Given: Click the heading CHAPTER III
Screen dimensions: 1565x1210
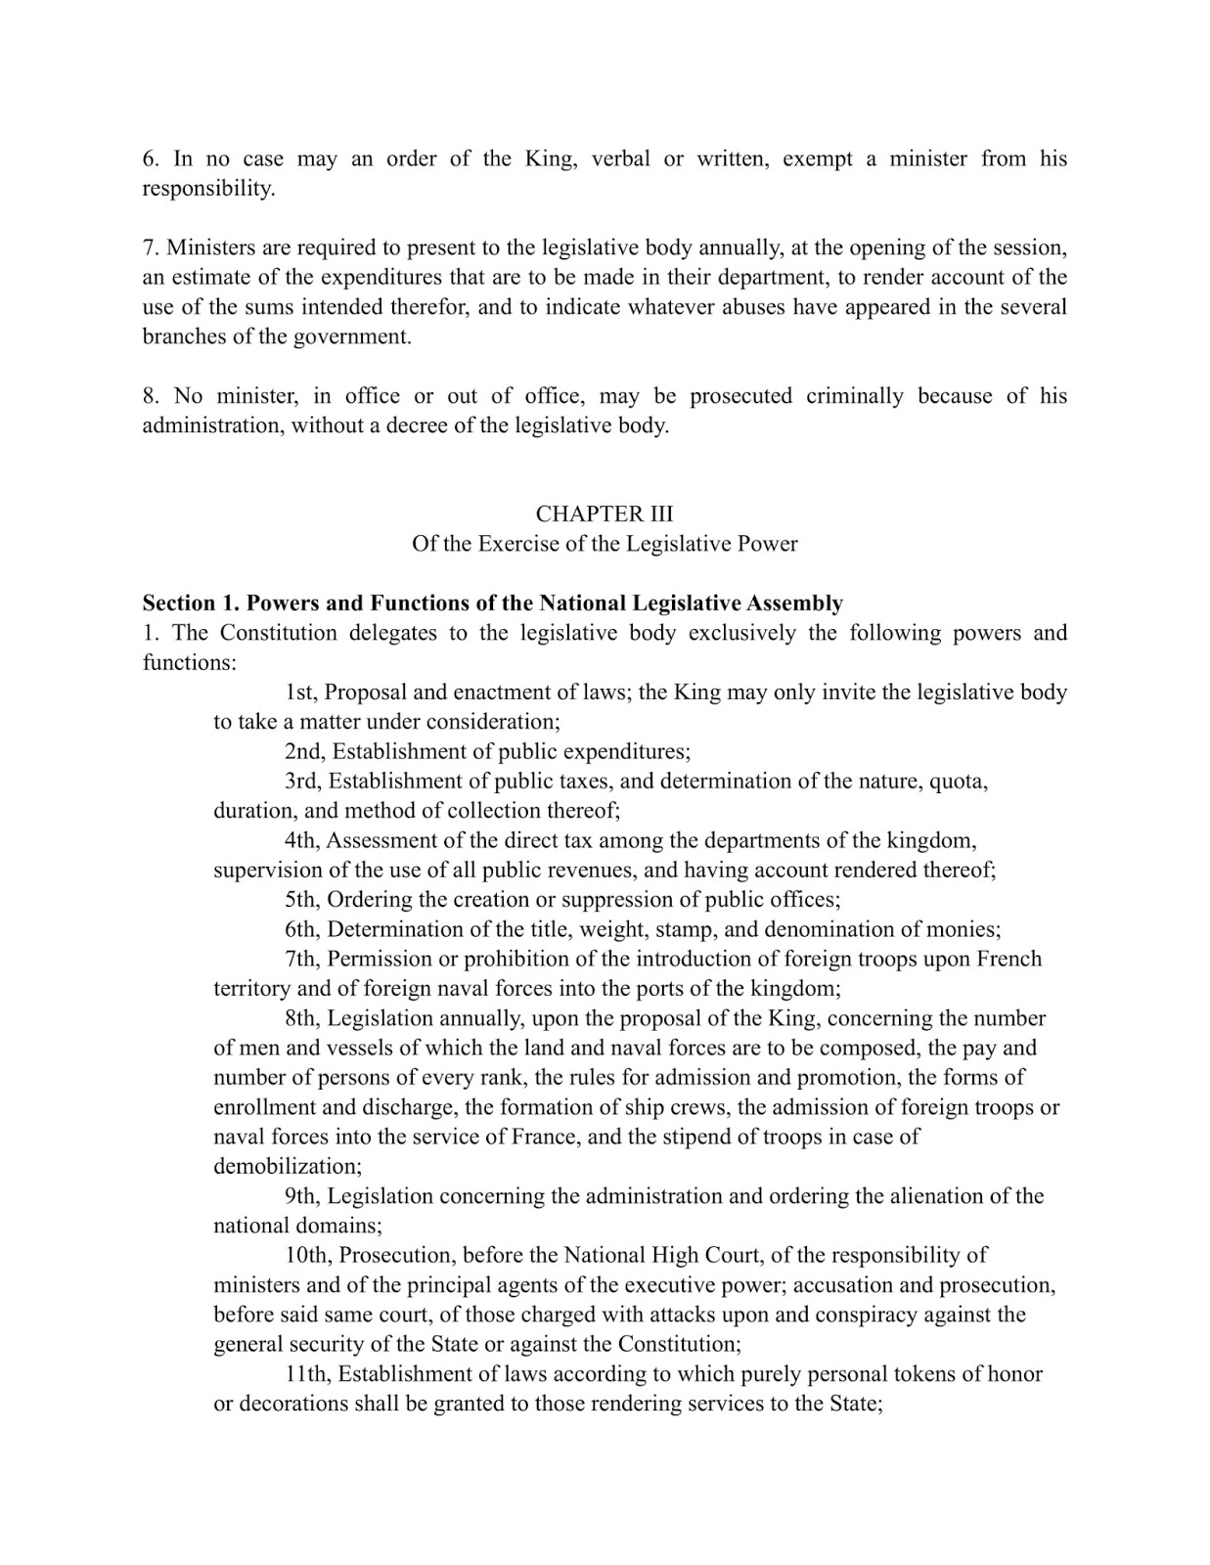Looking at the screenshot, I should tap(604, 514).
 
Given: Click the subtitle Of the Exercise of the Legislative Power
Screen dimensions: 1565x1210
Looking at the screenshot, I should tap(604, 544).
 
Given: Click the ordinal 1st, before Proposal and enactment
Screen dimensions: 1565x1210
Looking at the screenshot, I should tap(301, 693).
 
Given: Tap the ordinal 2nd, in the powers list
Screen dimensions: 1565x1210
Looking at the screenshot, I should tap(305, 751).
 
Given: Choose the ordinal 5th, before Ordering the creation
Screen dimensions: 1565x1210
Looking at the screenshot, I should tap(303, 900).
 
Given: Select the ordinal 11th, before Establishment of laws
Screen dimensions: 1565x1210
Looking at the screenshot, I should tap(308, 1374).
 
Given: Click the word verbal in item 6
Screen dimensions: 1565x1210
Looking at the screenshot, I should tap(620, 158).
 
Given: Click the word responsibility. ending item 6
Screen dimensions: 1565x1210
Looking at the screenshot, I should tap(208, 189).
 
